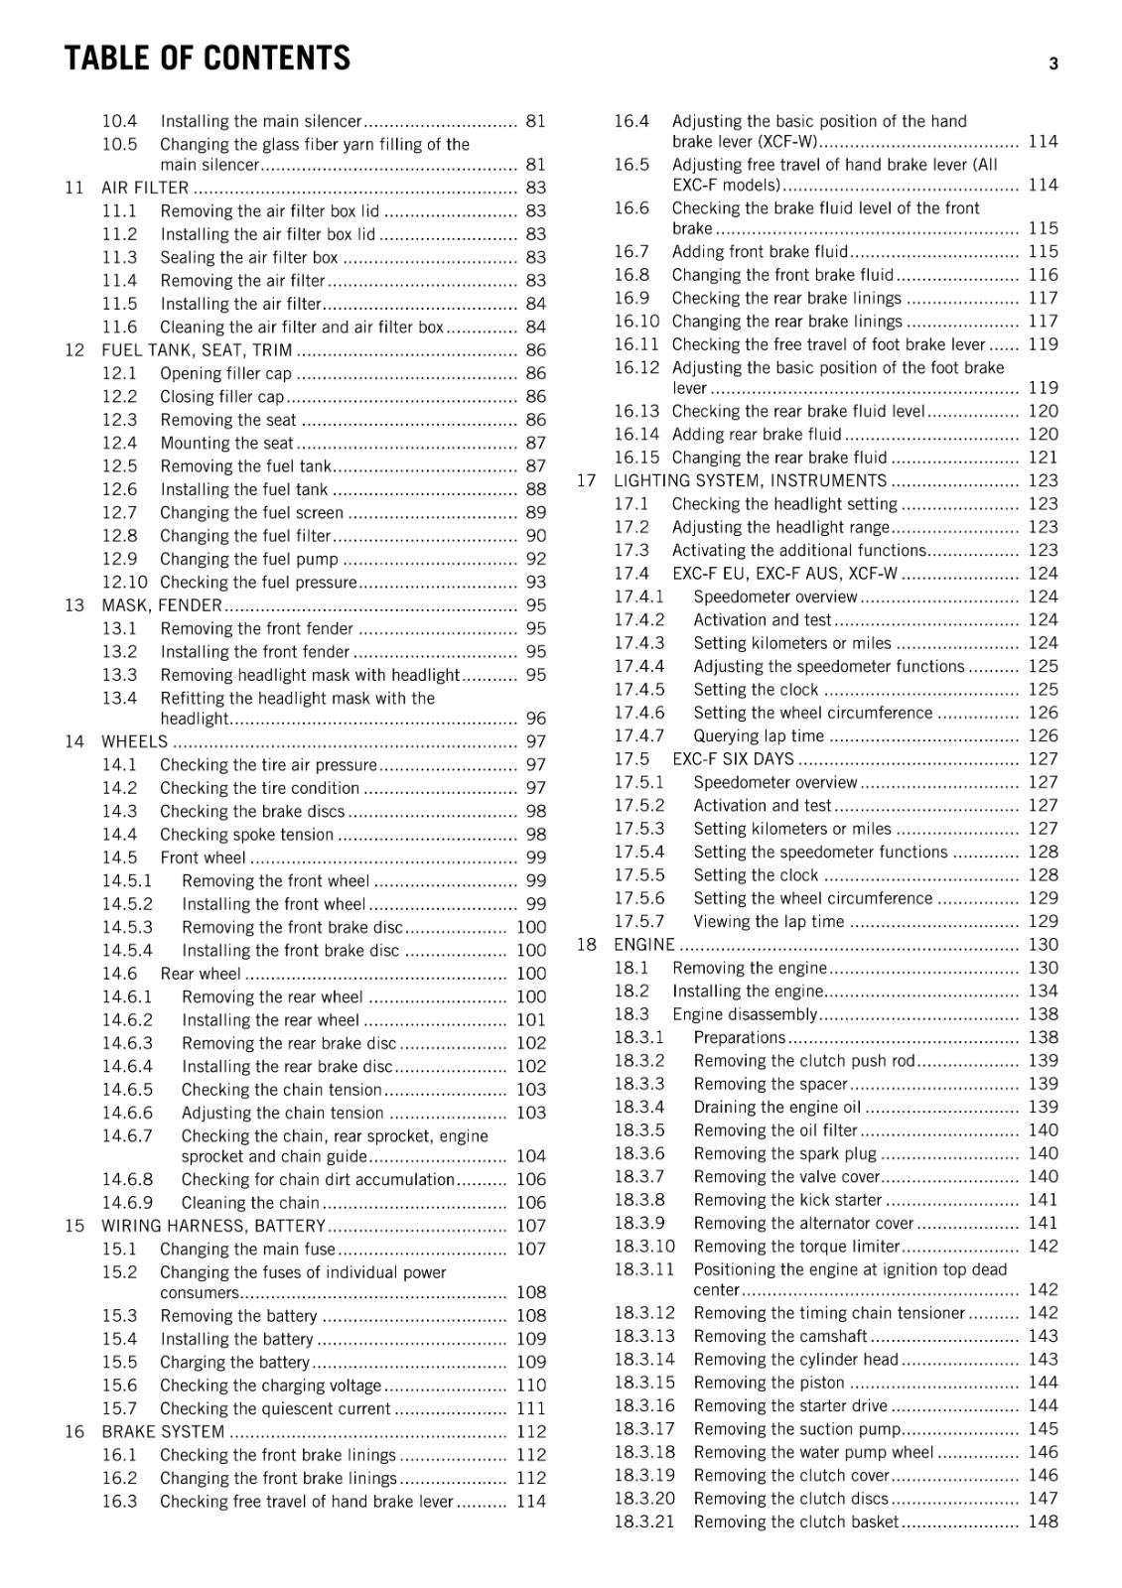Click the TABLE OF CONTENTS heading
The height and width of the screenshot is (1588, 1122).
click(x=207, y=60)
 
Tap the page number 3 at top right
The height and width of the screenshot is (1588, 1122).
click(x=1053, y=64)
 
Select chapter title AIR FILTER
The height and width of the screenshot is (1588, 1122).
click(x=145, y=188)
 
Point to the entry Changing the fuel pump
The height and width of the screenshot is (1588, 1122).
click(x=248, y=559)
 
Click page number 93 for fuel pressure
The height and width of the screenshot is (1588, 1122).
click(x=535, y=583)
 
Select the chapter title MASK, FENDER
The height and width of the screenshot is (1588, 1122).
click(x=162, y=605)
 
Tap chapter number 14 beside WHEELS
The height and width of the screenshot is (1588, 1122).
click(x=74, y=741)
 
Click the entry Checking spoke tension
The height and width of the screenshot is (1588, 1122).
click(x=246, y=835)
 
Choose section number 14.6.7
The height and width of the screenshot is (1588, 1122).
click(x=127, y=1135)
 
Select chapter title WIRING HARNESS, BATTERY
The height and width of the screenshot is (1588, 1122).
click(x=212, y=1226)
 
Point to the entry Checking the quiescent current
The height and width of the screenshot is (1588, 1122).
click(x=275, y=1408)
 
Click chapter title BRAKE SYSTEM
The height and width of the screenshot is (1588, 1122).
click(x=163, y=1431)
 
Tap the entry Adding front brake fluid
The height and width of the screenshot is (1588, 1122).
click(x=760, y=252)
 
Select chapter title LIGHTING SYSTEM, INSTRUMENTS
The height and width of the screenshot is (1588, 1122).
click(x=750, y=480)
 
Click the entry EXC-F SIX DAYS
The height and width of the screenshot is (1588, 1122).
click(x=733, y=759)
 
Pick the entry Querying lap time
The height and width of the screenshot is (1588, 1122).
click(x=759, y=736)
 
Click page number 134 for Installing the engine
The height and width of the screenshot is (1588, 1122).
click(x=1043, y=991)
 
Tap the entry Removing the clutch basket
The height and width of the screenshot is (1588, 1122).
click(x=795, y=1522)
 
